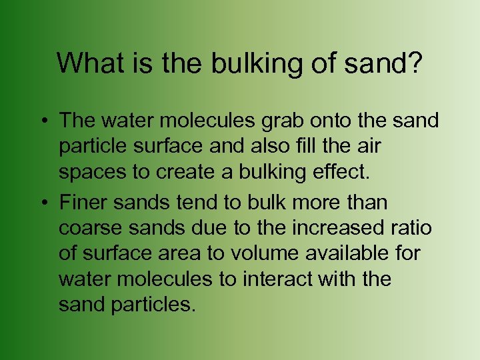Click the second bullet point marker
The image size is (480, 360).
(42, 202)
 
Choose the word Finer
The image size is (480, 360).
(83, 202)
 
